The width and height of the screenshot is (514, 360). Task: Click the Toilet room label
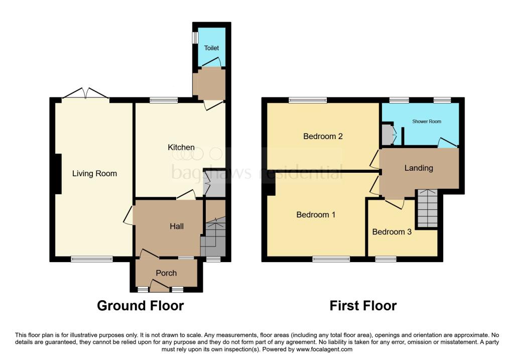click(x=211, y=48)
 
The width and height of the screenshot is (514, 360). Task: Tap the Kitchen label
click(x=181, y=147)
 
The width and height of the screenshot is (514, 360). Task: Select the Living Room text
click(x=94, y=174)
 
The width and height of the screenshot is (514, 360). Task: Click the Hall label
click(x=176, y=226)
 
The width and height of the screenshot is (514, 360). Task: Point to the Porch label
click(x=166, y=273)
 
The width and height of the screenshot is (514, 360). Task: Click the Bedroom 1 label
click(x=316, y=215)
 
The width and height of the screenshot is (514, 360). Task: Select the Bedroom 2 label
click(x=323, y=136)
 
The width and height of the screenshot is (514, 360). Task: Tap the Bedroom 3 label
click(x=388, y=232)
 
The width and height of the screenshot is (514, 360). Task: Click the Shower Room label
click(x=426, y=122)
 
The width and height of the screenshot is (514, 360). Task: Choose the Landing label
click(x=419, y=168)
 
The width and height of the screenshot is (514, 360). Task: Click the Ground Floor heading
click(x=140, y=305)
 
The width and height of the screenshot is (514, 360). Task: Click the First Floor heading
click(x=363, y=305)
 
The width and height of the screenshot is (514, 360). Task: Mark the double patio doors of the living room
click(x=86, y=94)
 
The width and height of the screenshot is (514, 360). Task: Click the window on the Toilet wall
click(x=195, y=38)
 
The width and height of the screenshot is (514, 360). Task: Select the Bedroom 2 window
click(x=307, y=100)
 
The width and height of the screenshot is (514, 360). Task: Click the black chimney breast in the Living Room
click(x=58, y=174)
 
